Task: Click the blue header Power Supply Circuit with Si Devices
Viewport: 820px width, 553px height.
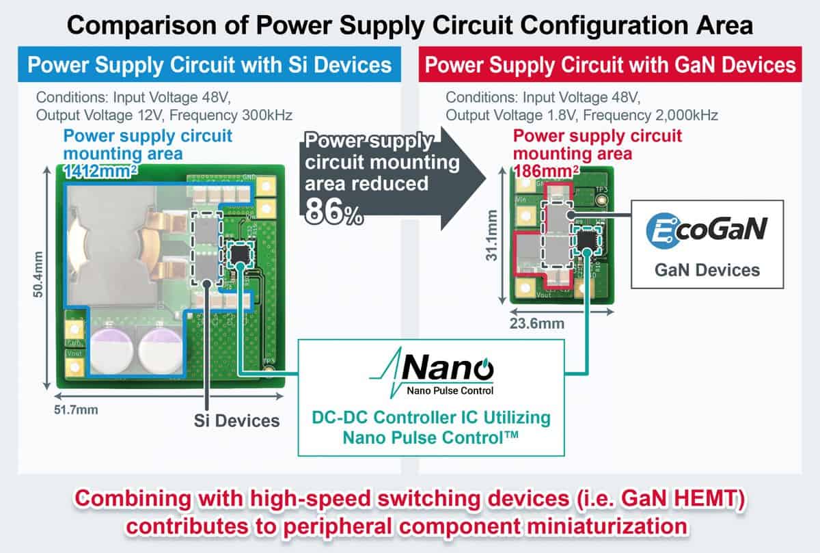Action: click(x=209, y=64)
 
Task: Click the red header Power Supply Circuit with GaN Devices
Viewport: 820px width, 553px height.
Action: click(x=610, y=64)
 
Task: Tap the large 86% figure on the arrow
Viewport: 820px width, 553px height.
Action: click(x=334, y=212)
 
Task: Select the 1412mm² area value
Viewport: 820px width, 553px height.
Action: click(x=100, y=171)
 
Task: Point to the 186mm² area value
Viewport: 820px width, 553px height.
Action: click(x=546, y=171)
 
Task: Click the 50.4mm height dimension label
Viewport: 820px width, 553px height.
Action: click(x=38, y=274)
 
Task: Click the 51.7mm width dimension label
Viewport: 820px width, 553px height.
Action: click(x=76, y=409)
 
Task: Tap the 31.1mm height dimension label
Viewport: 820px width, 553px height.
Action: click(x=491, y=235)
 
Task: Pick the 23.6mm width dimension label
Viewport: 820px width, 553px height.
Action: click(x=537, y=323)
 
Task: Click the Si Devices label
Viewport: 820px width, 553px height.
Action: click(x=236, y=420)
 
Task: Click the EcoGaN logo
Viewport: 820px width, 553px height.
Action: click(x=707, y=230)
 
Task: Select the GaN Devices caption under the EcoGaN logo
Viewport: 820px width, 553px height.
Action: click(x=707, y=270)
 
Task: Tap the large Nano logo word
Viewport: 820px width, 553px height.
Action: click(x=448, y=368)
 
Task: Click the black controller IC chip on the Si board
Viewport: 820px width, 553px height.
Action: click(x=240, y=254)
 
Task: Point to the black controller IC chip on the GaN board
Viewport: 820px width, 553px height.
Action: click(x=587, y=239)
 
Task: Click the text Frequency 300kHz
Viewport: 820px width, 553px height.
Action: click(x=231, y=115)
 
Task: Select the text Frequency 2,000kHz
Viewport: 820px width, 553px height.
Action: click(x=650, y=115)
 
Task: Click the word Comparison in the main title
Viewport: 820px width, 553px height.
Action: click(x=141, y=26)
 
